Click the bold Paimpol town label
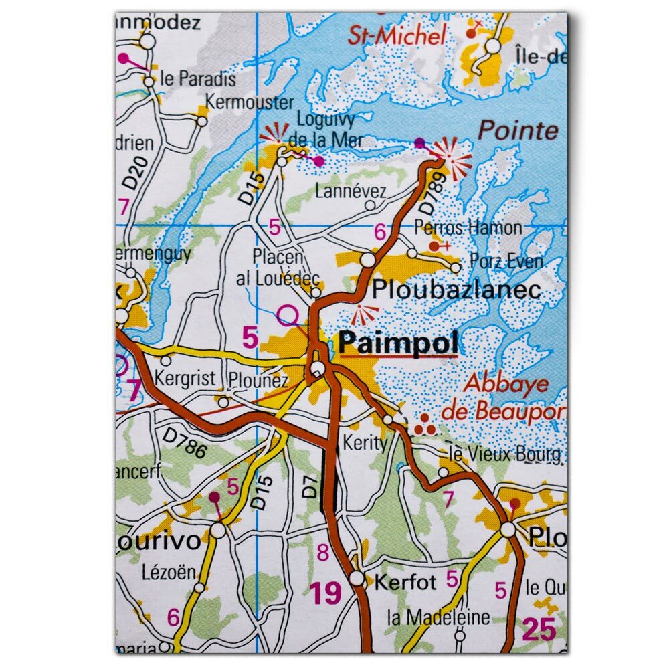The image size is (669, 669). click(x=399, y=343)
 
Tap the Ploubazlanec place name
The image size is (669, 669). click(x=456, y=290)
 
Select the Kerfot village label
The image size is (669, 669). click(x=405, y=581)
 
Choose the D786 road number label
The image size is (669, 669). click(x=184, y=443)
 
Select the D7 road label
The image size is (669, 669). click(x=309, y=487)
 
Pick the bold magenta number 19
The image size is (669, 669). click(x=325, y=593)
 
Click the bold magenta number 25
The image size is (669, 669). click(x=539, y=629)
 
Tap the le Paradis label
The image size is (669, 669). click(x=199, y=78)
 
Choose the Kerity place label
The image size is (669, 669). click(x=365, y=442)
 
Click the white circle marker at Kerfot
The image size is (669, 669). click(x=357, y=578)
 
